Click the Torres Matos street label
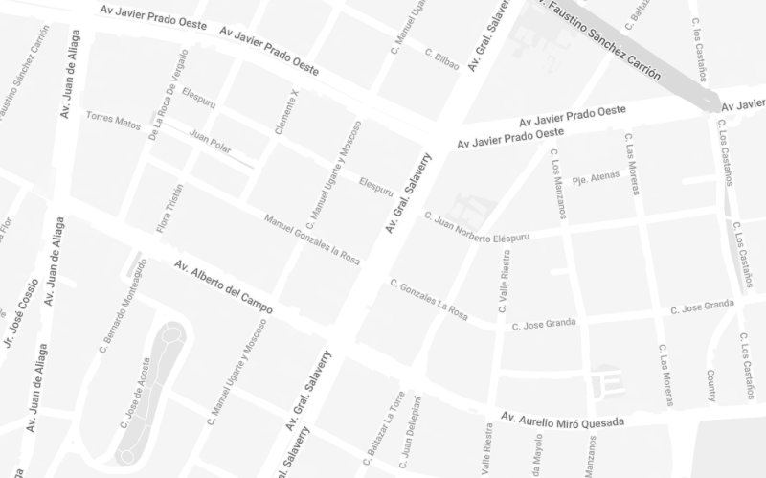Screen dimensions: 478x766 pos(113,120)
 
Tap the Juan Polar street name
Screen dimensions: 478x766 pos(212,140)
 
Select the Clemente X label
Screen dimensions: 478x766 pos(286,111)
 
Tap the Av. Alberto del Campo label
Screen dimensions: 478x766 pos(223,286)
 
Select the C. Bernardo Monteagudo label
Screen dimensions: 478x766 pos(124,303)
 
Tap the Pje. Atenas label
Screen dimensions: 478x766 pos(596,178)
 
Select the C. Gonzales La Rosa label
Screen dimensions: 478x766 pos(429,299)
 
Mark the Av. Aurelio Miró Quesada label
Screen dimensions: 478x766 pos(563,420)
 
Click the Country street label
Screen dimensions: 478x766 pos(711,386)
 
